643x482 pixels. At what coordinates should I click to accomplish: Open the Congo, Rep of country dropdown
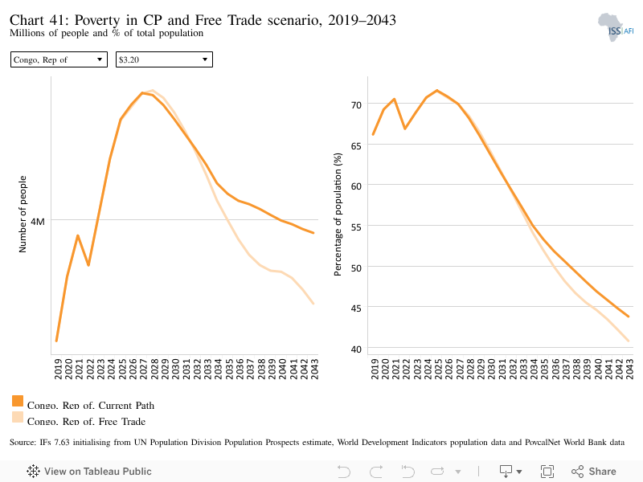(59, 59)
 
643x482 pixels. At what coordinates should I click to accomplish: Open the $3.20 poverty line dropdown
(164, 59)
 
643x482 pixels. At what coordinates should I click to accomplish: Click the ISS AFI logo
(616, 27)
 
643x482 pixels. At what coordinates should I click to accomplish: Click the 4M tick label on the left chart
(38, 222)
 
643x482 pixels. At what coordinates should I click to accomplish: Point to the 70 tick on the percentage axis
(356, 105)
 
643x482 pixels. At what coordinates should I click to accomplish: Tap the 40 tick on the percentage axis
(356, 349)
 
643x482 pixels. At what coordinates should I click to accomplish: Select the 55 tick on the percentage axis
(356, 227)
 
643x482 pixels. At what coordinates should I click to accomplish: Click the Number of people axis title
(23, 214)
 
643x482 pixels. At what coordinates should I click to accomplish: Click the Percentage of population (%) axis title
(338, 214)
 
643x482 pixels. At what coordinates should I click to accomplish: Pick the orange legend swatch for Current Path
(18, 400)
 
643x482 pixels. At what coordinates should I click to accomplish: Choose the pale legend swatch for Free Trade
(18, 417)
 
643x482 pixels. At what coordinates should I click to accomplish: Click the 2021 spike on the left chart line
(77, 235)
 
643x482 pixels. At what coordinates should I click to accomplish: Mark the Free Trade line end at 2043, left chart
(313, 304)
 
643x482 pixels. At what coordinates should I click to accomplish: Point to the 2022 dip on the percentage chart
(405, 129)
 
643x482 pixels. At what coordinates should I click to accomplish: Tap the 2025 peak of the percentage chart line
(437, 90)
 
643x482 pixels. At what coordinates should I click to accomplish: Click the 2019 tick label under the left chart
(58, 369)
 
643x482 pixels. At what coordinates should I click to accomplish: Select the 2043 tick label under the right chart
(629, 369)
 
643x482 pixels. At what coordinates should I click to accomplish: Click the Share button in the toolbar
(594, 472)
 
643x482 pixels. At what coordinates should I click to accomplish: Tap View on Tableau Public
(89, 472)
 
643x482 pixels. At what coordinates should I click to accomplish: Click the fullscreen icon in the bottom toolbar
(547, 472)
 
